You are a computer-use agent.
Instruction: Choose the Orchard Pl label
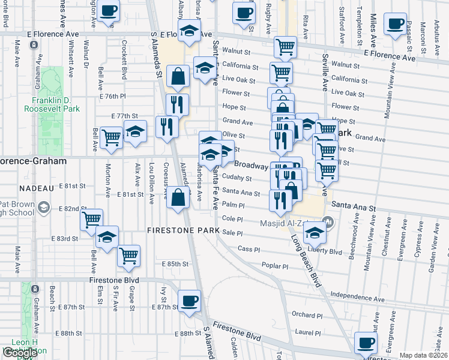point(307,314)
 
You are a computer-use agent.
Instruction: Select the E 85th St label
point(175,264)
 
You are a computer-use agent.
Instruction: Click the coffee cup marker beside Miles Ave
point(396,24)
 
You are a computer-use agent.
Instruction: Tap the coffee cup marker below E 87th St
point(190,301)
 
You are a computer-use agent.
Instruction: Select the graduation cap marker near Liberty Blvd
point(314,232)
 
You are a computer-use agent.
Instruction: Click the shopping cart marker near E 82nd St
point(91,220)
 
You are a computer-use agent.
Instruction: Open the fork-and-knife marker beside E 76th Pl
point(177,104)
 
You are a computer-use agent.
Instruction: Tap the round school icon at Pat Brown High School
point(43,208)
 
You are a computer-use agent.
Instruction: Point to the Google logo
point(20,353)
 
